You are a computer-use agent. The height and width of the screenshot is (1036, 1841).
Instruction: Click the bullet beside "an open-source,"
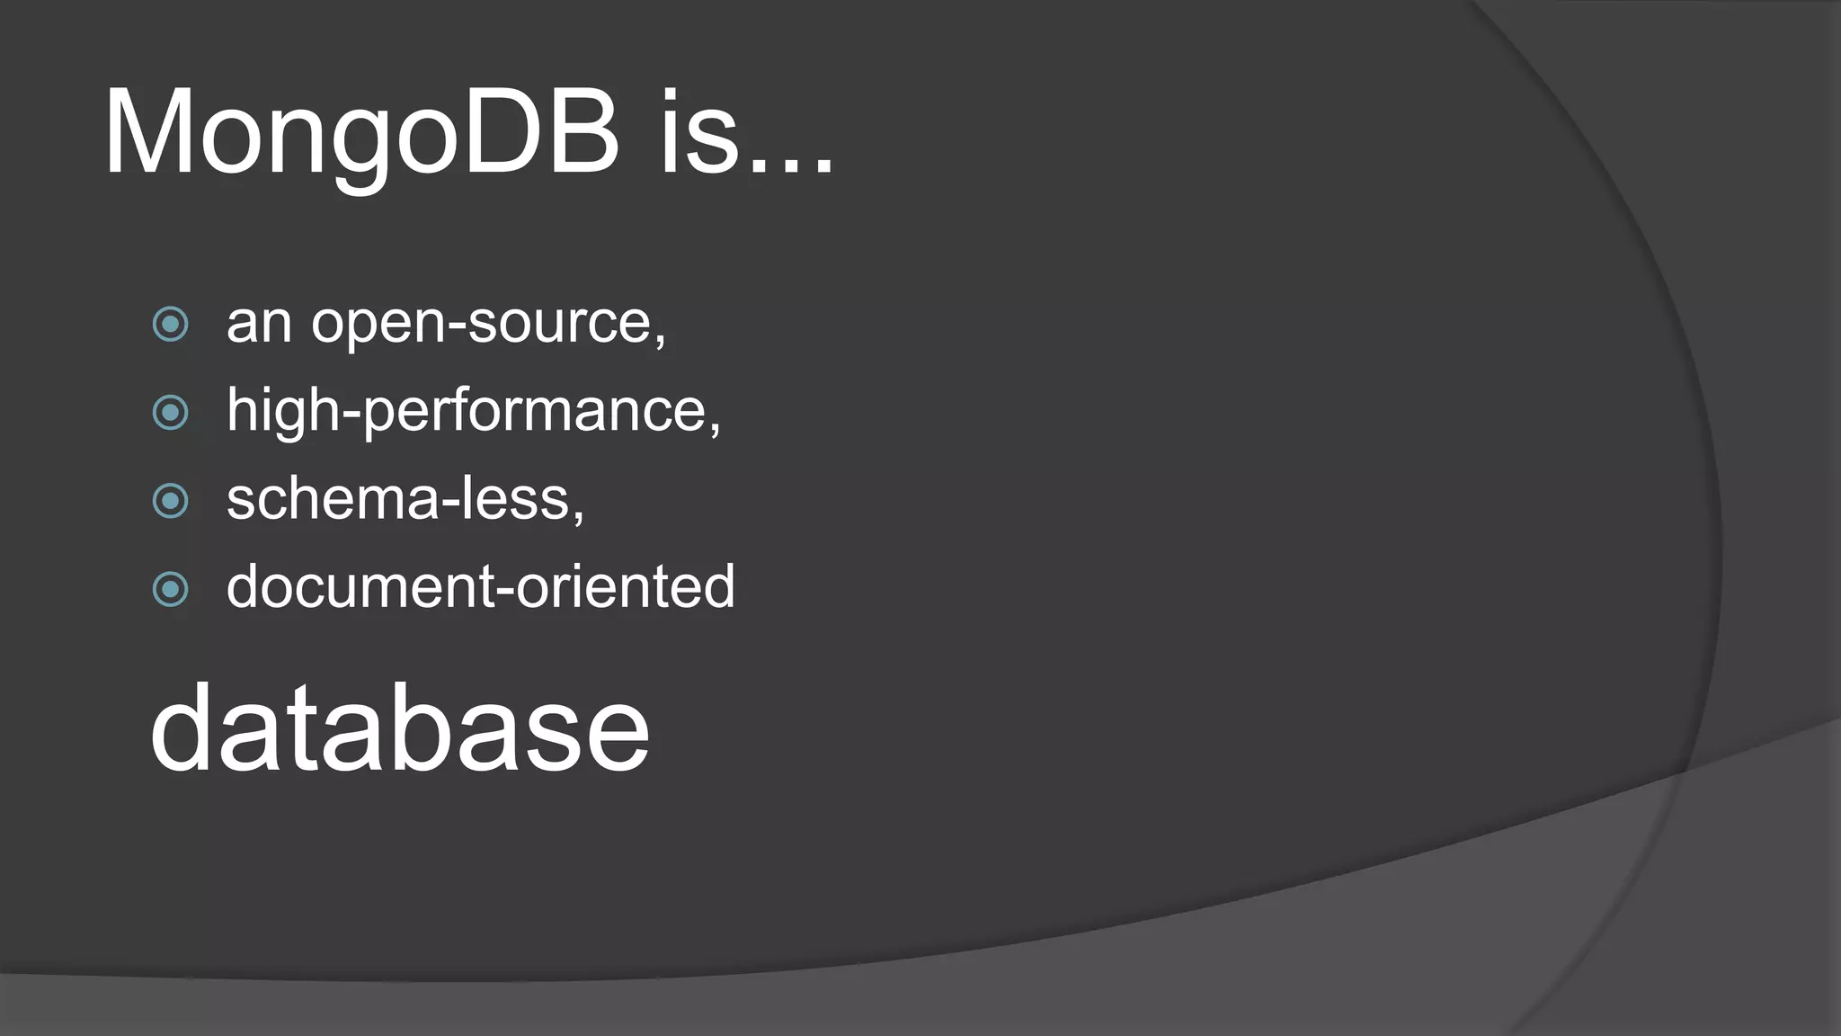coord(171,324)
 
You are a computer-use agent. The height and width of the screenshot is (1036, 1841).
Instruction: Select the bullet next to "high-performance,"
coord(171,413)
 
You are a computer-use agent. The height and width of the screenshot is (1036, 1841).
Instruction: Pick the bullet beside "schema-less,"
coord(171,501)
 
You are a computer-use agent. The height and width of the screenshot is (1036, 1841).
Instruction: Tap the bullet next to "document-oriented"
coord(171,590)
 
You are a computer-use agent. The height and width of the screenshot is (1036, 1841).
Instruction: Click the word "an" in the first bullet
coord(259,324)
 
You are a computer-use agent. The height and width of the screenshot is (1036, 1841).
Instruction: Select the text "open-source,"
coord(488,324)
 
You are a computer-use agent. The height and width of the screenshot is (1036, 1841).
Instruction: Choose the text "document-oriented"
coord(481,587)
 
